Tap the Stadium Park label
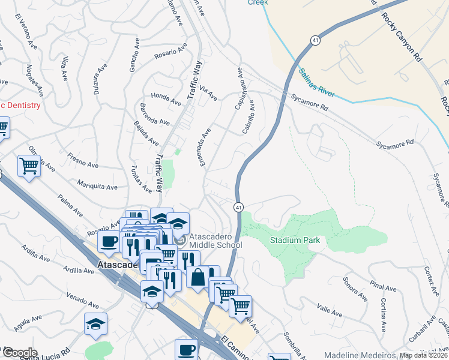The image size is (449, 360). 298,240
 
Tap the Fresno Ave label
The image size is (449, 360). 83,163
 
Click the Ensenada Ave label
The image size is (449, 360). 208,144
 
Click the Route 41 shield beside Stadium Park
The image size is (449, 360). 238,207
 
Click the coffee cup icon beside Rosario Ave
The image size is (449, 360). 109,241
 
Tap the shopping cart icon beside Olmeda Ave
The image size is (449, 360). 29,166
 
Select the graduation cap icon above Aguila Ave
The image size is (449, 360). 95,323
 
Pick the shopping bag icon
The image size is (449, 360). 197,277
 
